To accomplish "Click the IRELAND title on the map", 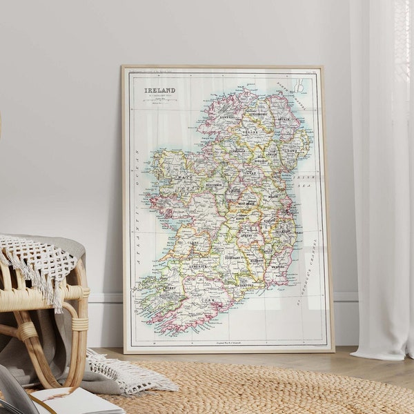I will point(159,90).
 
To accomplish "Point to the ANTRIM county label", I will point(284,119).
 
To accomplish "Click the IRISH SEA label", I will point(305,181).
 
